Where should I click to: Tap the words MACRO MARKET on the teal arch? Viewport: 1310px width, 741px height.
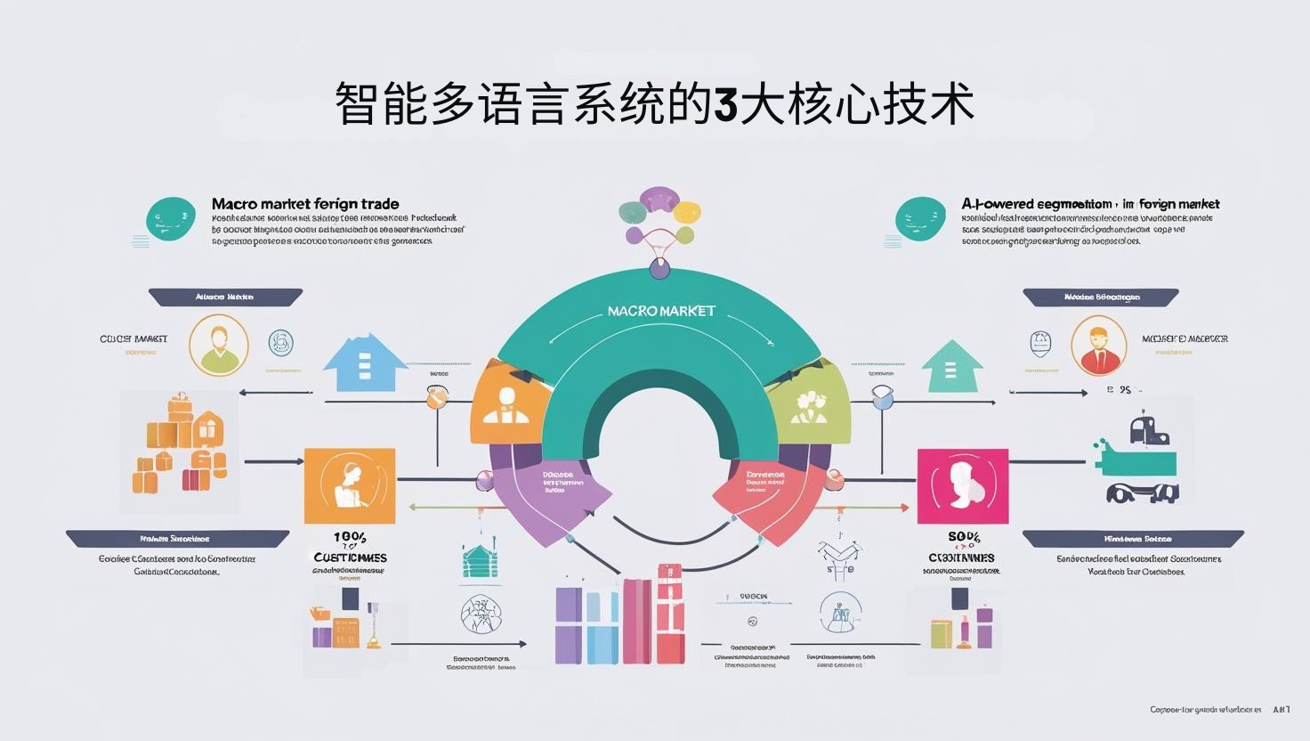pyautogui.click(x=661, y=311)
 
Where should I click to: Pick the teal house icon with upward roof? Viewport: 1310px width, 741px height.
pyautogui.click(x=951, y=366)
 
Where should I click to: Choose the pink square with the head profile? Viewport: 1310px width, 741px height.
pyautogui.click(x=962, y=486)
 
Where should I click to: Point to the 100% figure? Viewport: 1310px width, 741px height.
pyautogui.click(x=350, y=538)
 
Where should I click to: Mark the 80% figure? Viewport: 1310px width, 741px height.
pyautogui.click(x=964, y=537)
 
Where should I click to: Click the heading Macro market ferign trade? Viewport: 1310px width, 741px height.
pyautogui.click(x=305, y=205)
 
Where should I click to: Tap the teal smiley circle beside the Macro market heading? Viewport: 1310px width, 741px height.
pyautogui.click(x=171, y=219)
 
